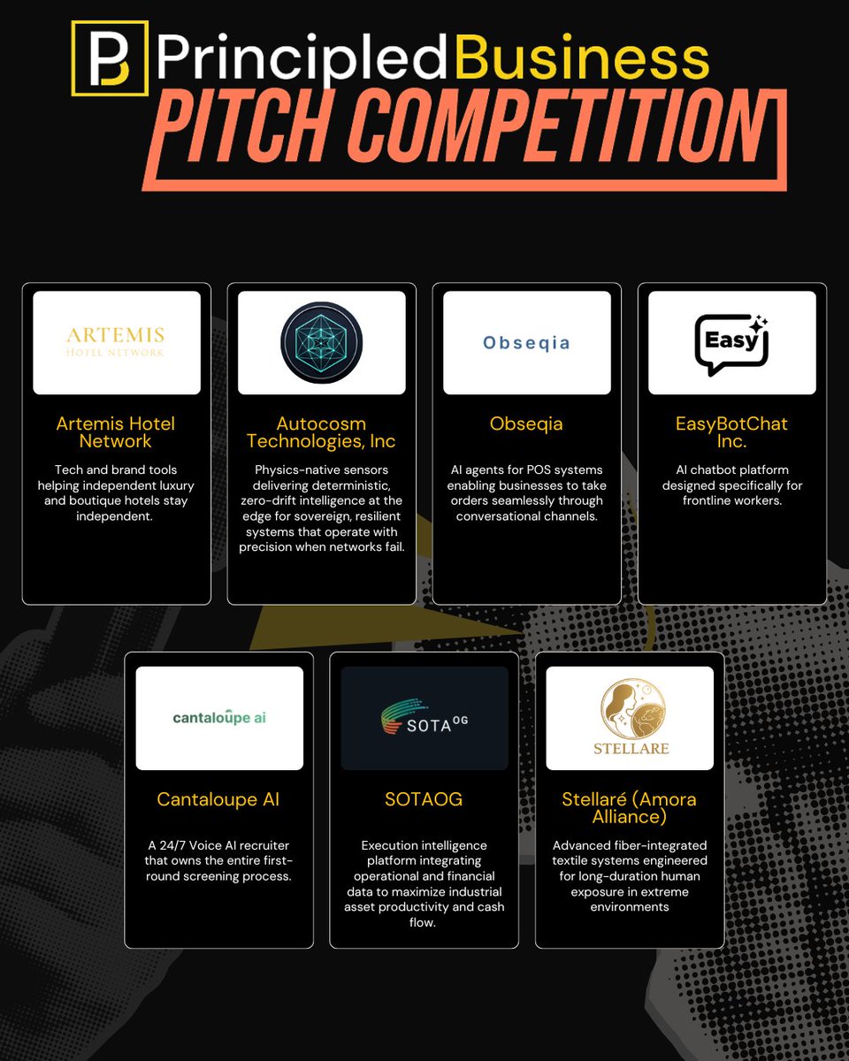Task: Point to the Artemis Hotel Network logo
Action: tap(116, 342)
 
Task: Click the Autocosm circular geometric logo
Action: tap(322, 342)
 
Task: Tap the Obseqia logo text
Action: tap(526, 342)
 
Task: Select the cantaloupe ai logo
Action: tap(218, 717)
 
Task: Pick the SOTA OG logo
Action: tap(424, 718)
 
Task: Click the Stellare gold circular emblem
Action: tap(629, 708)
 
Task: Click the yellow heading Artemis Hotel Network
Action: tap(116, 432)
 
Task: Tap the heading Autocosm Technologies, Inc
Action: tap(321, 432)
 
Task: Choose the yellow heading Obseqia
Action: tap(526, 424)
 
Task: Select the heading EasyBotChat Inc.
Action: tap(731, 432)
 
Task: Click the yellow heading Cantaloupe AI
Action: tap(218, 799)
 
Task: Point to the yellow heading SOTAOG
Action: tap(424, 799)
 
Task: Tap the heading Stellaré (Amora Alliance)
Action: tap(629, 808)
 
